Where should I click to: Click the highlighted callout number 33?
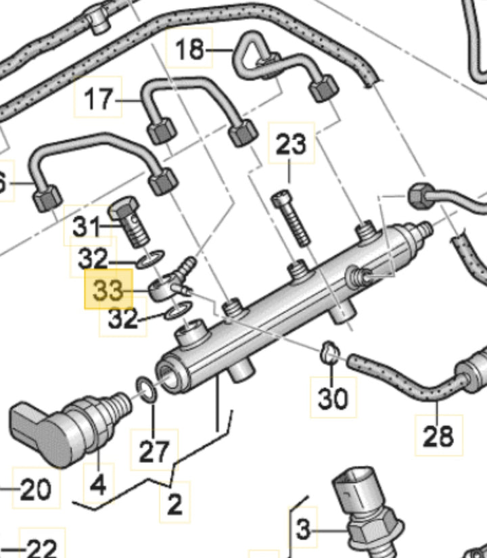pyautogui.click(x=108, y=291)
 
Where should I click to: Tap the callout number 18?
pyautogui.click(x=190, y=49)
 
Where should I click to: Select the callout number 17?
pyautogui.click(x=99, y=98)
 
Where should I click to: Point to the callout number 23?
pyautogui.click(x=291, y=144)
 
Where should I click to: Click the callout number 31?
pyautogui.click(x=85, y=227)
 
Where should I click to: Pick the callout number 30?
pyautogui.click(x=333, y=398)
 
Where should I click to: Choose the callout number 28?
pyautogui.click(x=438, y=436)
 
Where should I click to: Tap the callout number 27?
pyautogui.click(x=154, y=451)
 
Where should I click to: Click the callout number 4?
pyautogui.click(x=98, y=484)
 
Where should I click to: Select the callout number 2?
pyautogui.click(x=175, y=504)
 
